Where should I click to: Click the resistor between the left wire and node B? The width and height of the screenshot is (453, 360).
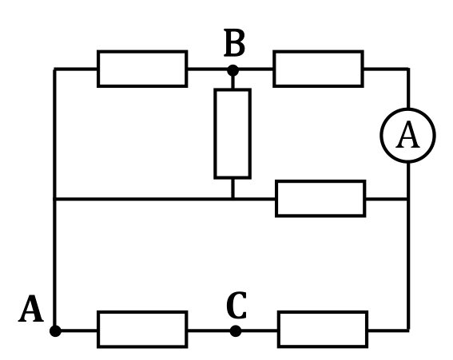(142, 69)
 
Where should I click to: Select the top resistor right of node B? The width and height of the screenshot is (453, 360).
(318, 69)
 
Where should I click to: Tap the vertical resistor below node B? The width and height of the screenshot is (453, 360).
(232, 134)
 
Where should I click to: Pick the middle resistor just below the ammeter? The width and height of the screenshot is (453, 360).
(320, 199)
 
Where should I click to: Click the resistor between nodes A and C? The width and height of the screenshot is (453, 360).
(142, 330)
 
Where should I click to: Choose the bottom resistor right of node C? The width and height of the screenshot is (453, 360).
(323, 330)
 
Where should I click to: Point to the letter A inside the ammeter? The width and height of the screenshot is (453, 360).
(407, 135)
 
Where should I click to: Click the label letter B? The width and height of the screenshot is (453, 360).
(235, 42)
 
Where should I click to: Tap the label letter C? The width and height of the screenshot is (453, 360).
(236, 306)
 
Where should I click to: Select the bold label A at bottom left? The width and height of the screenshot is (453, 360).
(31, 309)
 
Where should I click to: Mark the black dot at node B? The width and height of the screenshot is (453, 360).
(232, 70)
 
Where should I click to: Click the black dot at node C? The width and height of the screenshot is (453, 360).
(236, 330)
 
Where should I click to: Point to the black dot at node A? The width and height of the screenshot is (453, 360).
(55, 330)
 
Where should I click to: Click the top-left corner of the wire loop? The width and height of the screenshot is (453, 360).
(54, 69)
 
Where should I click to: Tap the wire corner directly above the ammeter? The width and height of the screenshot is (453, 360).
(408, 69)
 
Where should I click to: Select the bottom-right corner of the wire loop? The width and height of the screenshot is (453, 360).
(408, 330)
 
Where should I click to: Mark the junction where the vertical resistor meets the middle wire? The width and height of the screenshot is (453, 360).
(232, 199)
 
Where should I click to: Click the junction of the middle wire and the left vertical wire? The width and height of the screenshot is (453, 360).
(54, 199)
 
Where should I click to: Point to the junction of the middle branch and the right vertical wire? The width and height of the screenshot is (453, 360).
(408, 199)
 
